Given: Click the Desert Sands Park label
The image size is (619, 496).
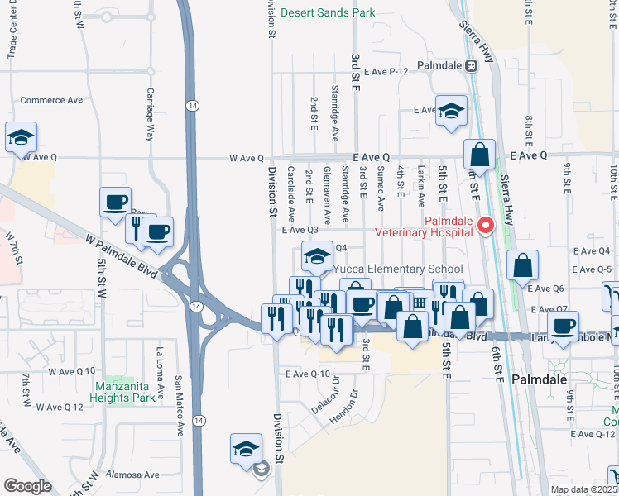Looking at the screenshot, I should click(x=328, y=12).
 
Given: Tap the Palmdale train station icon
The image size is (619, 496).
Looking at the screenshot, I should click(x=470, y=65).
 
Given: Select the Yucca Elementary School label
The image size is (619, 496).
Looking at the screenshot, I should click(x=398, y=269).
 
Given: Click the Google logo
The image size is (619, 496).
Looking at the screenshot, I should click(x=28, y=485).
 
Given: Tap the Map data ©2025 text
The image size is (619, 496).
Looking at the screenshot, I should click(x=583, y=489).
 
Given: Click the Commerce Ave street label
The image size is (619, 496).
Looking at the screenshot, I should click(x=51, y=100).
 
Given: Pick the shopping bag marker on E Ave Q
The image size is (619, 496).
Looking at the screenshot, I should click(x=479, y=155).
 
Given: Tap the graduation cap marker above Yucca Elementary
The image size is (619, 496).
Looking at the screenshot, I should click(x=316, y=256).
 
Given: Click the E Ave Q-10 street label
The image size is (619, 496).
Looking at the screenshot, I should click(x=308, y=374).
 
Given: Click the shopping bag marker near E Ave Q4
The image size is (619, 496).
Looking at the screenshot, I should click(x=523, y=267).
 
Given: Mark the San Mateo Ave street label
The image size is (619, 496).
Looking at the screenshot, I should click(x=178, y=406).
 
